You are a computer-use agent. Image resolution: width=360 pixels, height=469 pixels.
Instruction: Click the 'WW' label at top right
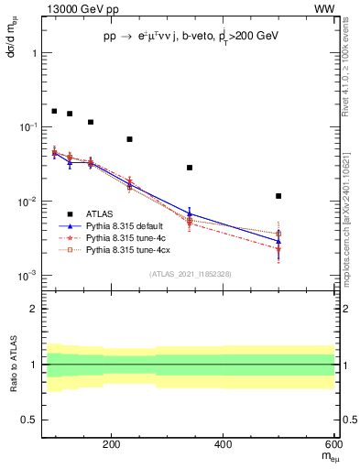326,8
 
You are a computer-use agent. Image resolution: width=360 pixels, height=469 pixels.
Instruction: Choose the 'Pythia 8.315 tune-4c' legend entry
123,236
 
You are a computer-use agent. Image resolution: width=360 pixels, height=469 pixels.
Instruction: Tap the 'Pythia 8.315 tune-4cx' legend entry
125,248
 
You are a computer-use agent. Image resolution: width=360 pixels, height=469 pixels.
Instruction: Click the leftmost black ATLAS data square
54,111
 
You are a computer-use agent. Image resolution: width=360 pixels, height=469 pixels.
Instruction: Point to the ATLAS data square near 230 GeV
129,139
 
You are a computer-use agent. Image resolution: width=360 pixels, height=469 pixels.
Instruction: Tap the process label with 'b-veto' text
191,36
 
